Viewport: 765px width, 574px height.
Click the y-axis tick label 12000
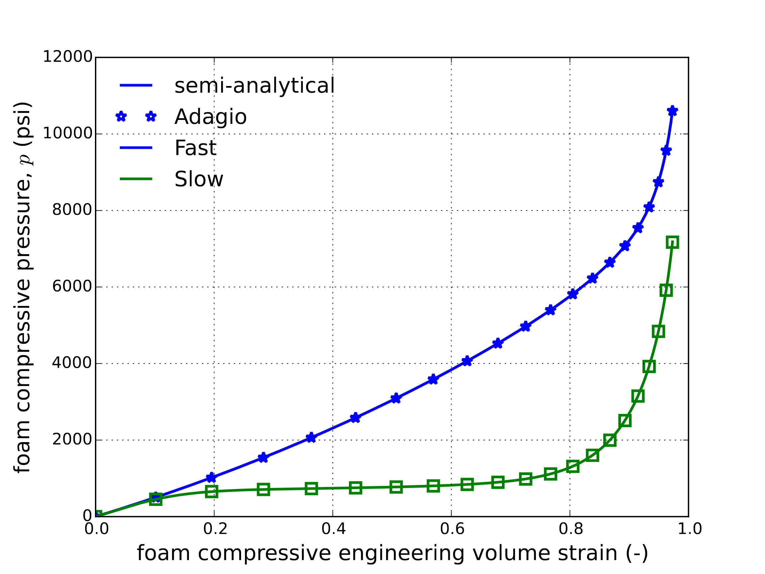pyautogui.click(x=67, y=57)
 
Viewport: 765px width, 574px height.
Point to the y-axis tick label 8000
pyautogui.click(x=72, y=210)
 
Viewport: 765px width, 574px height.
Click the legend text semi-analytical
pyautogui.click(x=255, y=85)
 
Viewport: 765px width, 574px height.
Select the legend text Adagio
pyautogui.click(x=210, y=117)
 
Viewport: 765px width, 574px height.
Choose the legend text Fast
pyautogui.click(x=195, y=148)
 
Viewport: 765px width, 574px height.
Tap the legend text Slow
pyautogui.click(x=199, y=179)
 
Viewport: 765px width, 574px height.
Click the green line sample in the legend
pyautogui.click(x=136, y=179)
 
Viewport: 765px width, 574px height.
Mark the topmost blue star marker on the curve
pyautogui.click(x=672, y=111)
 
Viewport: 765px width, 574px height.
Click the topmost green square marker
pyautogui.click(x=672, y=242)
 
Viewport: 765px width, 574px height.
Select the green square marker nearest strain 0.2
pyautogui.click(x=211, y=491)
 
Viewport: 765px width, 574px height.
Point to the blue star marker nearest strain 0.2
pyautogui.click(x=211, y=478)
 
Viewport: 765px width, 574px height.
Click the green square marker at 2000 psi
pyautogui.click(x=610, y=440)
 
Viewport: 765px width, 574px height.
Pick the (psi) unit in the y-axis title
pyautogui.click(x=23, y=124)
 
